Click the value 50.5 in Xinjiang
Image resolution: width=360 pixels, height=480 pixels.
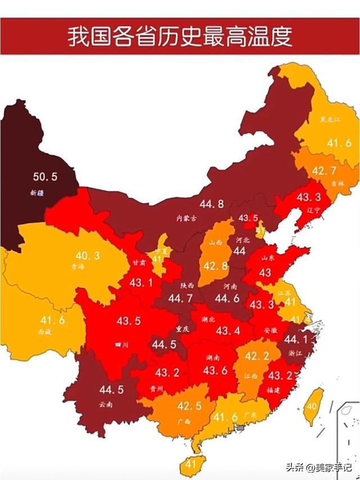point(45,176)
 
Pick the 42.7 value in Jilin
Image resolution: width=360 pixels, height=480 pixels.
point(323,171)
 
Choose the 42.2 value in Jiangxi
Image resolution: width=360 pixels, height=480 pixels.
point(256,356)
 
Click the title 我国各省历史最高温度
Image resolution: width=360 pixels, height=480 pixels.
point(180,37)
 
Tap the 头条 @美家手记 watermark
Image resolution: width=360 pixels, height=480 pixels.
point(320,467)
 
